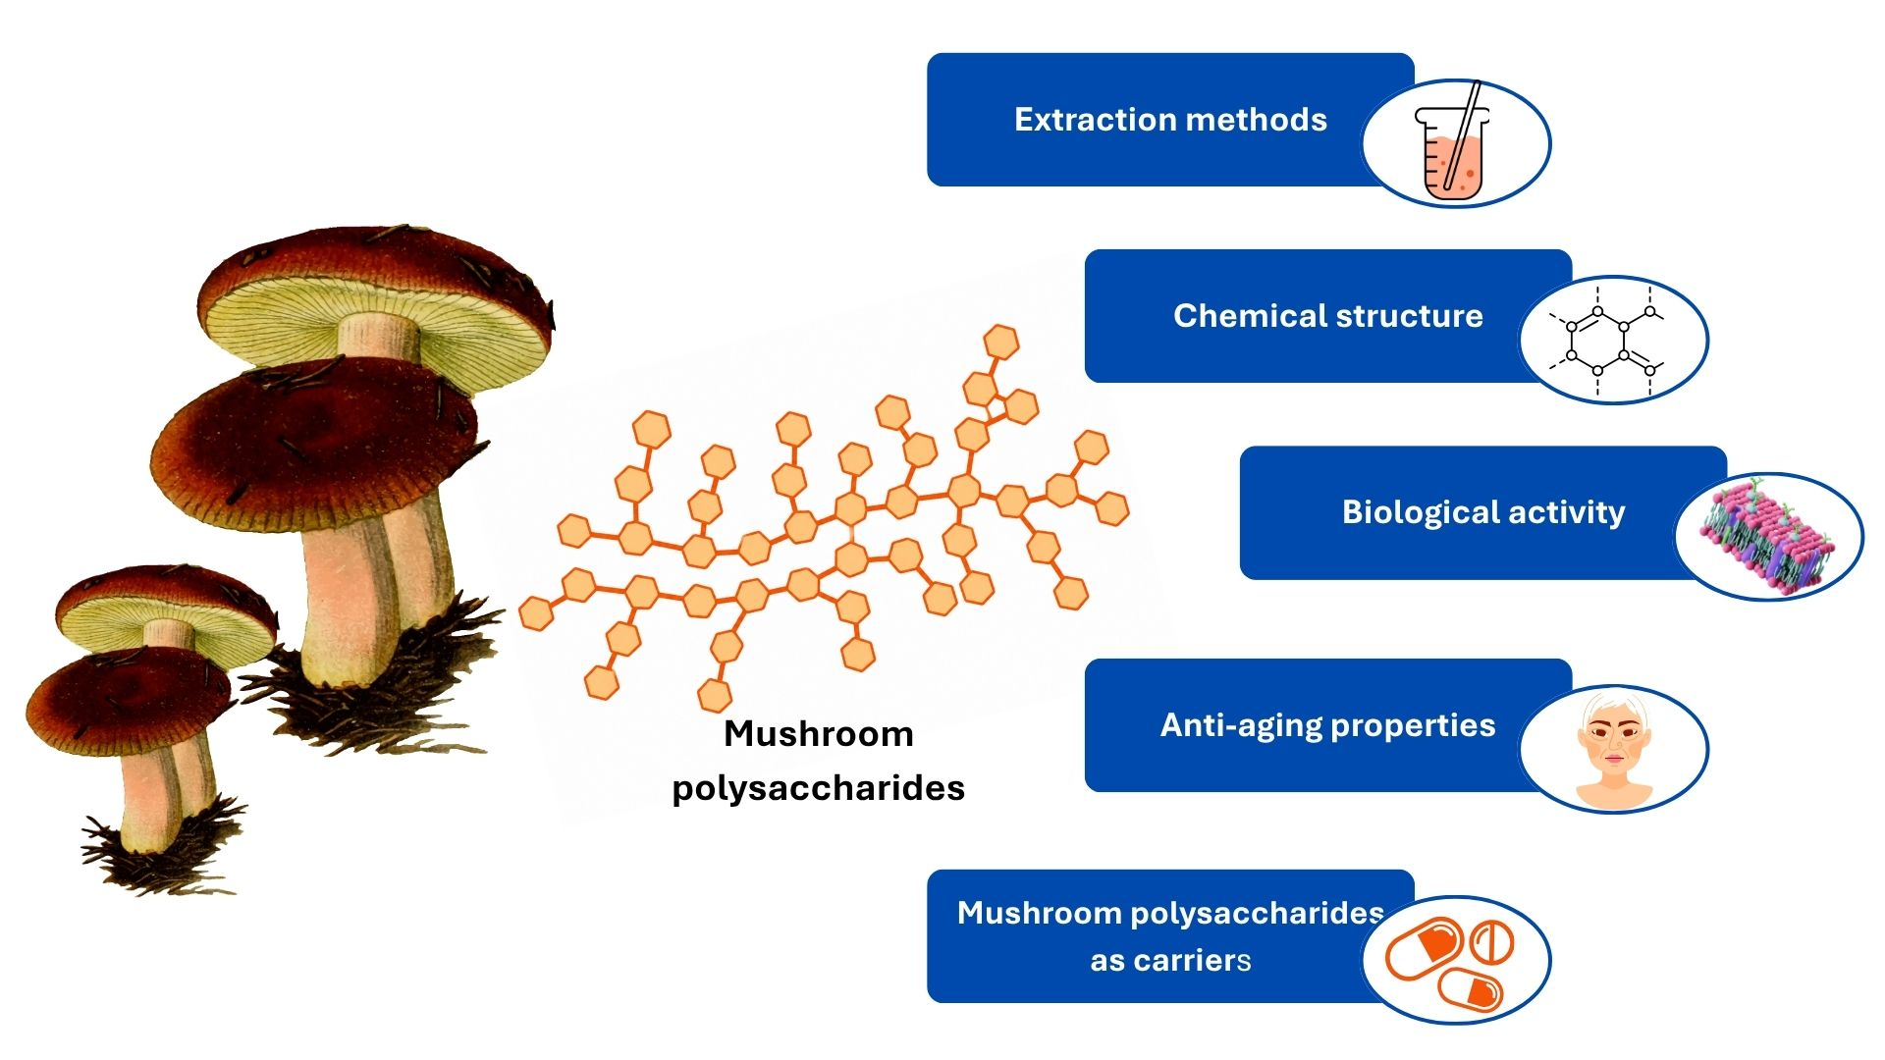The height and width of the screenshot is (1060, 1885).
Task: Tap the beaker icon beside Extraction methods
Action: (x=1452, y=144)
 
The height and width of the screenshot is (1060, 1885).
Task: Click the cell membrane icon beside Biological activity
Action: (x=1767, y=537)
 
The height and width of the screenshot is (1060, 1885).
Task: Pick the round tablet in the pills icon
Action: (x=1490, y=942)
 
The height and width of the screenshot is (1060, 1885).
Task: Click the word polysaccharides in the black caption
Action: (x=819, y=789)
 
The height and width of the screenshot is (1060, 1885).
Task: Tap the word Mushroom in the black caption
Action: (x=819, y=734)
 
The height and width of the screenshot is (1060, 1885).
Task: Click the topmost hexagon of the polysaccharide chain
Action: (x=1000, y=343)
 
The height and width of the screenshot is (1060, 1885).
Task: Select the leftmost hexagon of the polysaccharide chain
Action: (x=536, y=613)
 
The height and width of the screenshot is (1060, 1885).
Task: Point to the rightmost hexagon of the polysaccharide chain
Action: (x=1111, y=508)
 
